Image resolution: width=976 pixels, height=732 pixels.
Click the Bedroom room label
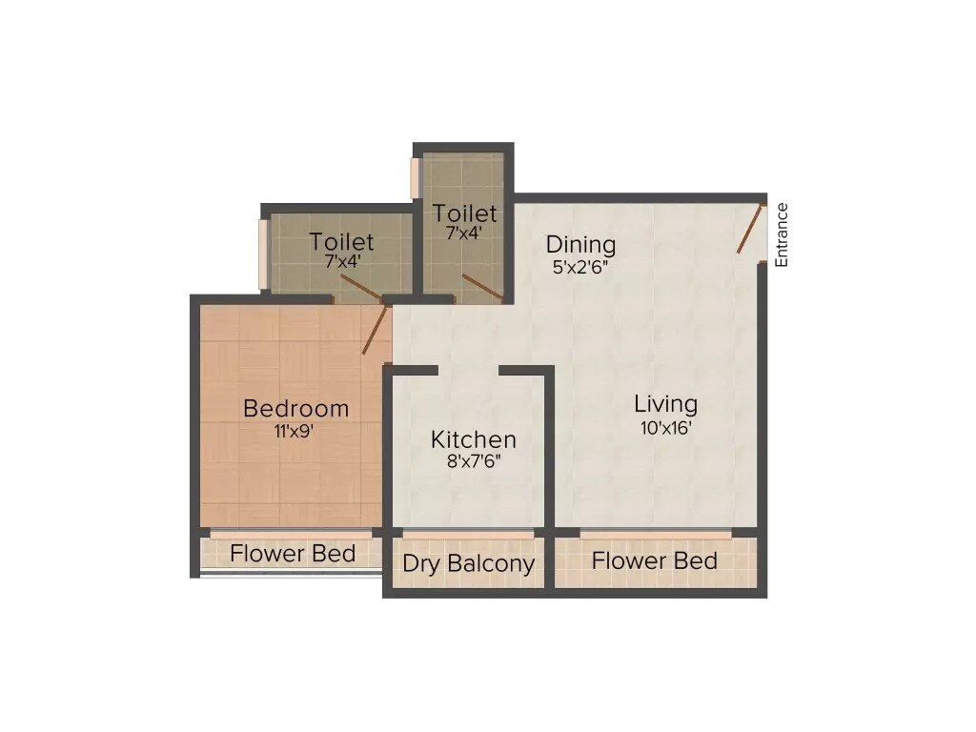point(296,409)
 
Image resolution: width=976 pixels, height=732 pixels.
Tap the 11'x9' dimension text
point(295,431)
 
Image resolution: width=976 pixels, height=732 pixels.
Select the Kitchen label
point(474,439)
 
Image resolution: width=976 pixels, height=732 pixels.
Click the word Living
point(665,404)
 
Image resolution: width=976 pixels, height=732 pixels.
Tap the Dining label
point(580,245)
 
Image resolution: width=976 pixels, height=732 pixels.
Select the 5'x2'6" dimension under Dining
point(580,267)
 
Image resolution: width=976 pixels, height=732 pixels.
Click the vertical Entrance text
point(782,234)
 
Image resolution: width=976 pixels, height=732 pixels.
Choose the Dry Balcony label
point(468,563)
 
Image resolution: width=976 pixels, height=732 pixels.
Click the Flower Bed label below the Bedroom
point(293,554)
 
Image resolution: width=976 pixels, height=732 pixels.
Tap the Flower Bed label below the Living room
point(654,560)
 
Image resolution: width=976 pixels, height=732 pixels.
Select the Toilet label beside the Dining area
point(465,213)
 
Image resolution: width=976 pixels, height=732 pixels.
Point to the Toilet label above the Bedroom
point(341,242)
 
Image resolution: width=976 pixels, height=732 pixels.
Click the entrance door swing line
point(752,228)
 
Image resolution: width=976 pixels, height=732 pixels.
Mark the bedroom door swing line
point(376,330)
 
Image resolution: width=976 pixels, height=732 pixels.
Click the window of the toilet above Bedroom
point(263,254)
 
